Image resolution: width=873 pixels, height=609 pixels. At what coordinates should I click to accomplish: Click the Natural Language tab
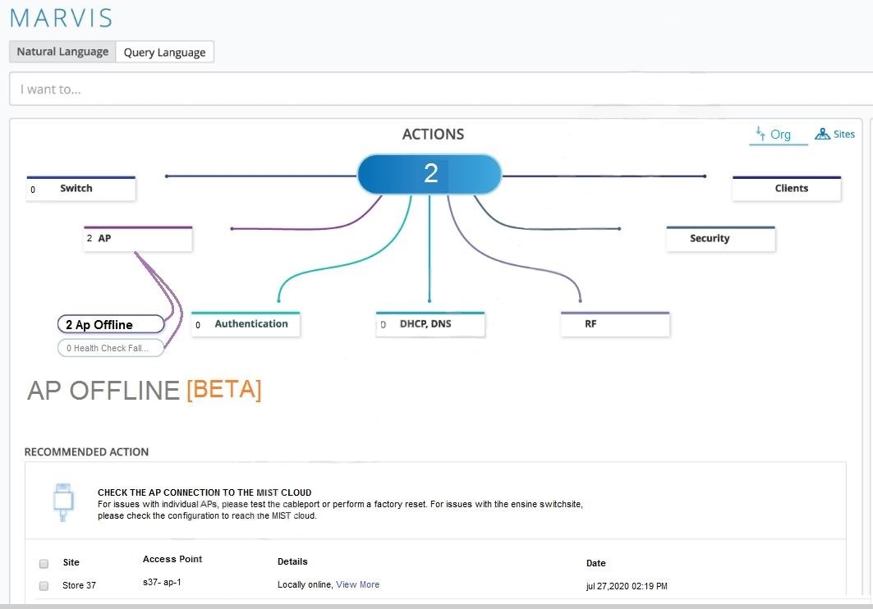click(62, 52)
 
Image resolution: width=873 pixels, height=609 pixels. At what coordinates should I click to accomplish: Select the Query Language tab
click(164, 53)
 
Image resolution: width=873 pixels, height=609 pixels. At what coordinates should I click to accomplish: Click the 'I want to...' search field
click(441, 89)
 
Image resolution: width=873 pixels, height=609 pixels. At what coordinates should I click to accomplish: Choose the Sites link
click(834, 134)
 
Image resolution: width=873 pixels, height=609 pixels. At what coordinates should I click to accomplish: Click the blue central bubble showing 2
click(430, 174)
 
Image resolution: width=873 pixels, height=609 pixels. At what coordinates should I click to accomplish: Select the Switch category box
click(80, 189)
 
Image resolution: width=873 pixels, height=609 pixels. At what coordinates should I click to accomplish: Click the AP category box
click(138, 239)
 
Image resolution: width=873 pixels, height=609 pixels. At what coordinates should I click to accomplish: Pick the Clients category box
click(786, 189)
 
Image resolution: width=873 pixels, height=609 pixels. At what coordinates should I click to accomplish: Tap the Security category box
click(720, 239)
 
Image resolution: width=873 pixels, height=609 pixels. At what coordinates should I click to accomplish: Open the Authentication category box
click(246, 324)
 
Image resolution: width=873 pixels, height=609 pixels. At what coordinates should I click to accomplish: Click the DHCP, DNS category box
click(430, 324)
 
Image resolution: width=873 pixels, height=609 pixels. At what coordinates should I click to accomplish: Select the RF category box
click(615, 324)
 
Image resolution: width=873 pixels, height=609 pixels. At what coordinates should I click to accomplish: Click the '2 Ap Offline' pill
click(111, 324)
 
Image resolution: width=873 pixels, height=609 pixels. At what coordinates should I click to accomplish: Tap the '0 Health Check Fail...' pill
click(111, 348)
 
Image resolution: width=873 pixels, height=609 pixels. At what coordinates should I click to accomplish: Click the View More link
click(357, 584)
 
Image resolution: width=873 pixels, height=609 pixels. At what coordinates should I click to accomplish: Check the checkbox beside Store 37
click(44, 586)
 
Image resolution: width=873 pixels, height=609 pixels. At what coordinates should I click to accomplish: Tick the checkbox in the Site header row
click(44, 563)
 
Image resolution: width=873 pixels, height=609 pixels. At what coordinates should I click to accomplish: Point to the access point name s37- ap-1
click(162, 582)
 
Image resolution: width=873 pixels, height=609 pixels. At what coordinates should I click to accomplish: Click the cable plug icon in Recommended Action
click(63, 501)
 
